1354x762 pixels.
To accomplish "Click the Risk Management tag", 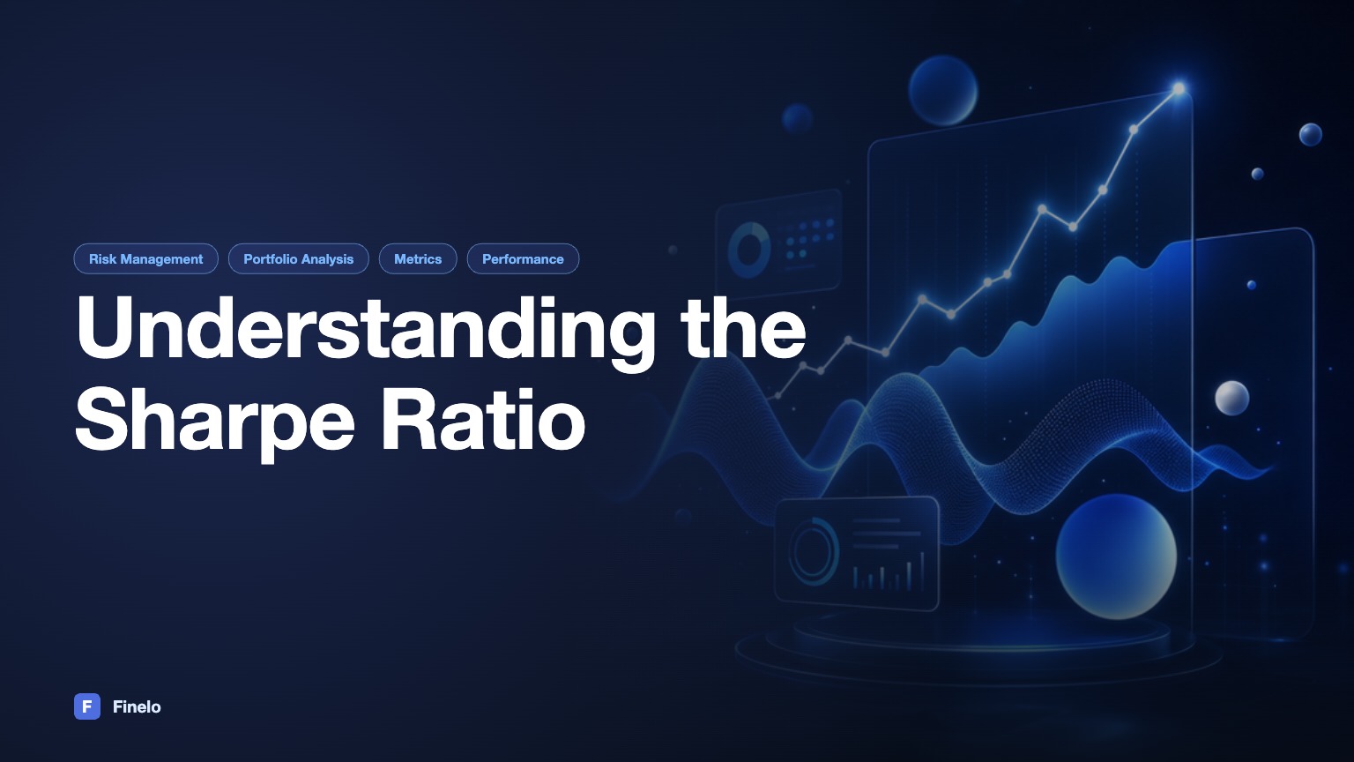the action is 145,258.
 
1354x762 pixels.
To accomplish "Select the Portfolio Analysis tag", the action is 299,258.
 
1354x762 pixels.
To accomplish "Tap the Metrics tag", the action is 418,258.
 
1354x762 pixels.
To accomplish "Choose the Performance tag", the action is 523,258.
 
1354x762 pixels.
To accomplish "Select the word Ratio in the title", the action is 483,419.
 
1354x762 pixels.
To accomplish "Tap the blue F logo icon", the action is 87,706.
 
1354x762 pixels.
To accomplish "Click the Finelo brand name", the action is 137,707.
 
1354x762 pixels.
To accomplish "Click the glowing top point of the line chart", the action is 1179,89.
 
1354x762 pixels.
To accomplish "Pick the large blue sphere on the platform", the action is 1116,557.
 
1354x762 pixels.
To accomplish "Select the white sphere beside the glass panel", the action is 1231,398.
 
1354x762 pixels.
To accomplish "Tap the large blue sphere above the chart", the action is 942,90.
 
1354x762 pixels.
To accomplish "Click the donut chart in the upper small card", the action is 749,250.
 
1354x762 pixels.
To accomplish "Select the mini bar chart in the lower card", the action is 888,572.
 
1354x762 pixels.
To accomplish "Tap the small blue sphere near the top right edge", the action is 1311,134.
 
